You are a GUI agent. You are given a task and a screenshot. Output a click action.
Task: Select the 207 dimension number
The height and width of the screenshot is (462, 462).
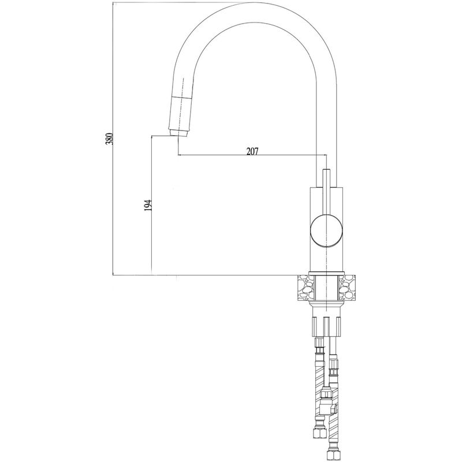click(252, 151)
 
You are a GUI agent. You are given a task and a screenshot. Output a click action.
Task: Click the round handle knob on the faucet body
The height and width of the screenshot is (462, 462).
click(327, 230)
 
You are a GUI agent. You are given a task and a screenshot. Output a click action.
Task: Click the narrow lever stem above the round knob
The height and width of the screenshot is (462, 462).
click(326, 192)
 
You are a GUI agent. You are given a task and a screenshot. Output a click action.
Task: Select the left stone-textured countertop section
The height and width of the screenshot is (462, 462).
click(305, 287)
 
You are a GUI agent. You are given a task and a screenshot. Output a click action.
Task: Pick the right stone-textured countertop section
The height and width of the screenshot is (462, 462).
click(347, 287)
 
